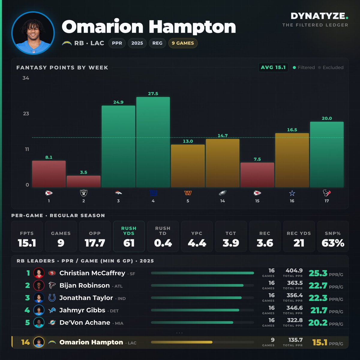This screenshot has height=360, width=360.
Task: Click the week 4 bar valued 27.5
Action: [153, 142]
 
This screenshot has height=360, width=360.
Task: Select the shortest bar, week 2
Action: [83, 181]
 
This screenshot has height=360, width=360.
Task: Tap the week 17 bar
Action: [327, 154]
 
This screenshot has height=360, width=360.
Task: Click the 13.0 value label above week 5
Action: [188, 141]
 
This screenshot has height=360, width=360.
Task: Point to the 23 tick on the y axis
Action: [26, 114]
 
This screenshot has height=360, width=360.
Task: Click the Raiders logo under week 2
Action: [83, 193]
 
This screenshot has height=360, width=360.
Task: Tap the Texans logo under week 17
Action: [327, 193]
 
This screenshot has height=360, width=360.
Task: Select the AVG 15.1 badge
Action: [273, 67]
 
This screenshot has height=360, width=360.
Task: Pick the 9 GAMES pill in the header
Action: [183, 43]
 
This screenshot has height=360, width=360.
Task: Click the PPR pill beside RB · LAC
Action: [117, 43]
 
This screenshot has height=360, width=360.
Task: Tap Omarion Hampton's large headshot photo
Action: [33, 33]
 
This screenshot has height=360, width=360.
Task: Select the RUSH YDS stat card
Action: [129, 236]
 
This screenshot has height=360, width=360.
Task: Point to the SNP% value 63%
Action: [333, 243]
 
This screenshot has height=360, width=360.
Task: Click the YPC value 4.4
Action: [197, 243]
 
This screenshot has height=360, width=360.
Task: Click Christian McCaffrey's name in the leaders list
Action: [92, 273]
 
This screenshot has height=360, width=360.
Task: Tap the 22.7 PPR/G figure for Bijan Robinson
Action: [318, 286]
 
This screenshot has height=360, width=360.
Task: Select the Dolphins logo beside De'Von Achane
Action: [52, 322]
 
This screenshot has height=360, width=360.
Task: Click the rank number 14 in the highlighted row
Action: [25, 342]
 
